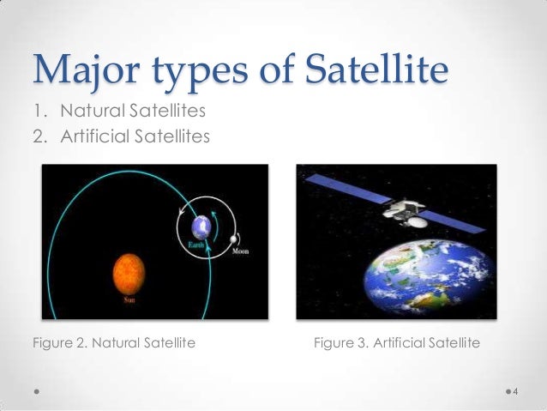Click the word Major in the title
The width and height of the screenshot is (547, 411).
(87, 70)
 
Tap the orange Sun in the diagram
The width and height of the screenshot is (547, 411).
(129, 274)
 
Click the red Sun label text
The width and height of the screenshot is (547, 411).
(129, 299)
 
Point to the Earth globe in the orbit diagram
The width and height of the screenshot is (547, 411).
(201, 227)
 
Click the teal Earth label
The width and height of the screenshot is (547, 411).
(195, 245)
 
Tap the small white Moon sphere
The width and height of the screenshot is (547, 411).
(233, 239)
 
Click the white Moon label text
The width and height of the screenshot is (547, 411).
(241, 251)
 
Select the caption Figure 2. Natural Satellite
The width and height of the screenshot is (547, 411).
(114, 343)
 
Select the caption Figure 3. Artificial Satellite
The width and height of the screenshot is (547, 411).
(397, 343)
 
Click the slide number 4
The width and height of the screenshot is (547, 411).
(515, 391)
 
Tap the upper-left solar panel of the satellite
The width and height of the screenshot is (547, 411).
(348, 189)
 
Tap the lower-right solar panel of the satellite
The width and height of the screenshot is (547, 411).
(452, 221)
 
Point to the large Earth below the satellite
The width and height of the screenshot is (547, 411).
(430, 278)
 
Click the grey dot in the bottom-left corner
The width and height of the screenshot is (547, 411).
(37, 391)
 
